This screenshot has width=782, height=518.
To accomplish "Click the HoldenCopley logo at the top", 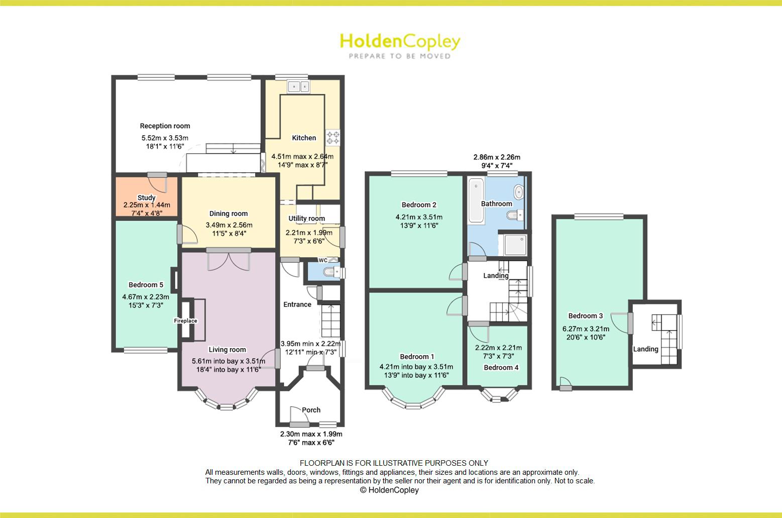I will pyautogui.click(x=400, y=45).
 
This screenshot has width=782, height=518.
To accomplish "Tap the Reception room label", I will pyautogui.click(x=165, y=126).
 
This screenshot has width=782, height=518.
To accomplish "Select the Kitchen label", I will pyautogui.click(x=304, y=138).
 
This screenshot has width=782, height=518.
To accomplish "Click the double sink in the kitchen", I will pyautogui.click(x=299, y=86).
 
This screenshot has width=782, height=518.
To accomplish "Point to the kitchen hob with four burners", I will pyautogui.click(x=332, y=136).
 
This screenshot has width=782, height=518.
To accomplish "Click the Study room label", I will pyautogui.click(x=146, y=197).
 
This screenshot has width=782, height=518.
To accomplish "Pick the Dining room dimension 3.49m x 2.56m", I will pyautogui.click(x=229, y=225).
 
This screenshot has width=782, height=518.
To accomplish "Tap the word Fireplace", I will pyautogui.click(x=185, y=321).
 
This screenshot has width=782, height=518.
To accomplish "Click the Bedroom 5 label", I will pyautogui.click(x=146, y=285).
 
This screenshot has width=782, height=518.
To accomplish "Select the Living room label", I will pyautogui.click(x=227, y=350).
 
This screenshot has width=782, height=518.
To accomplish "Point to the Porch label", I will pyautogui.click(x=311, y=410).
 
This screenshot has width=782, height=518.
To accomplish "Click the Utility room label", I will pyautogui.click(x=306, y=219).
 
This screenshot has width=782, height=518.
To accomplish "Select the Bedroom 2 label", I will pyautogui.click(x=419, y=204).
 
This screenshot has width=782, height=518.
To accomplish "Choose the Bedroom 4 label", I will pyautogui.click(x=501, y=367).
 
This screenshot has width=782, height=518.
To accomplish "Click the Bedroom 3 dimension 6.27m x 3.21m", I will pyautogui.click(x=586, y=329).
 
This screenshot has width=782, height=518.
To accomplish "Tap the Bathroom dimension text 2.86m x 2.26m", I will pyautogui.click(x=497, y=157).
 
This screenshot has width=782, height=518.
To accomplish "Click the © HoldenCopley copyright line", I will pyautogui.click(x=389, y=490).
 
